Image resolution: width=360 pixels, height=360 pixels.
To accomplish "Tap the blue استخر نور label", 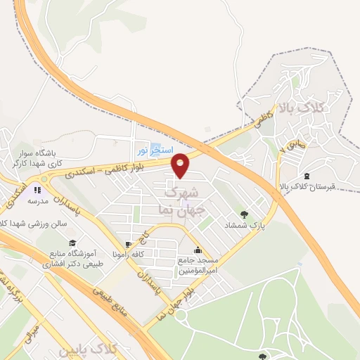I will (x=152, y=149).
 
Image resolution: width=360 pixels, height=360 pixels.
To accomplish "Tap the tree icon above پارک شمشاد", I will (x=244, y=214).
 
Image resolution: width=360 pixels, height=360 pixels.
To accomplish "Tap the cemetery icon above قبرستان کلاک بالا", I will (x=307, y=175).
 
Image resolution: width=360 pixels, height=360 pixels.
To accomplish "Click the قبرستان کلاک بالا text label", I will (x=309, y=187).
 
